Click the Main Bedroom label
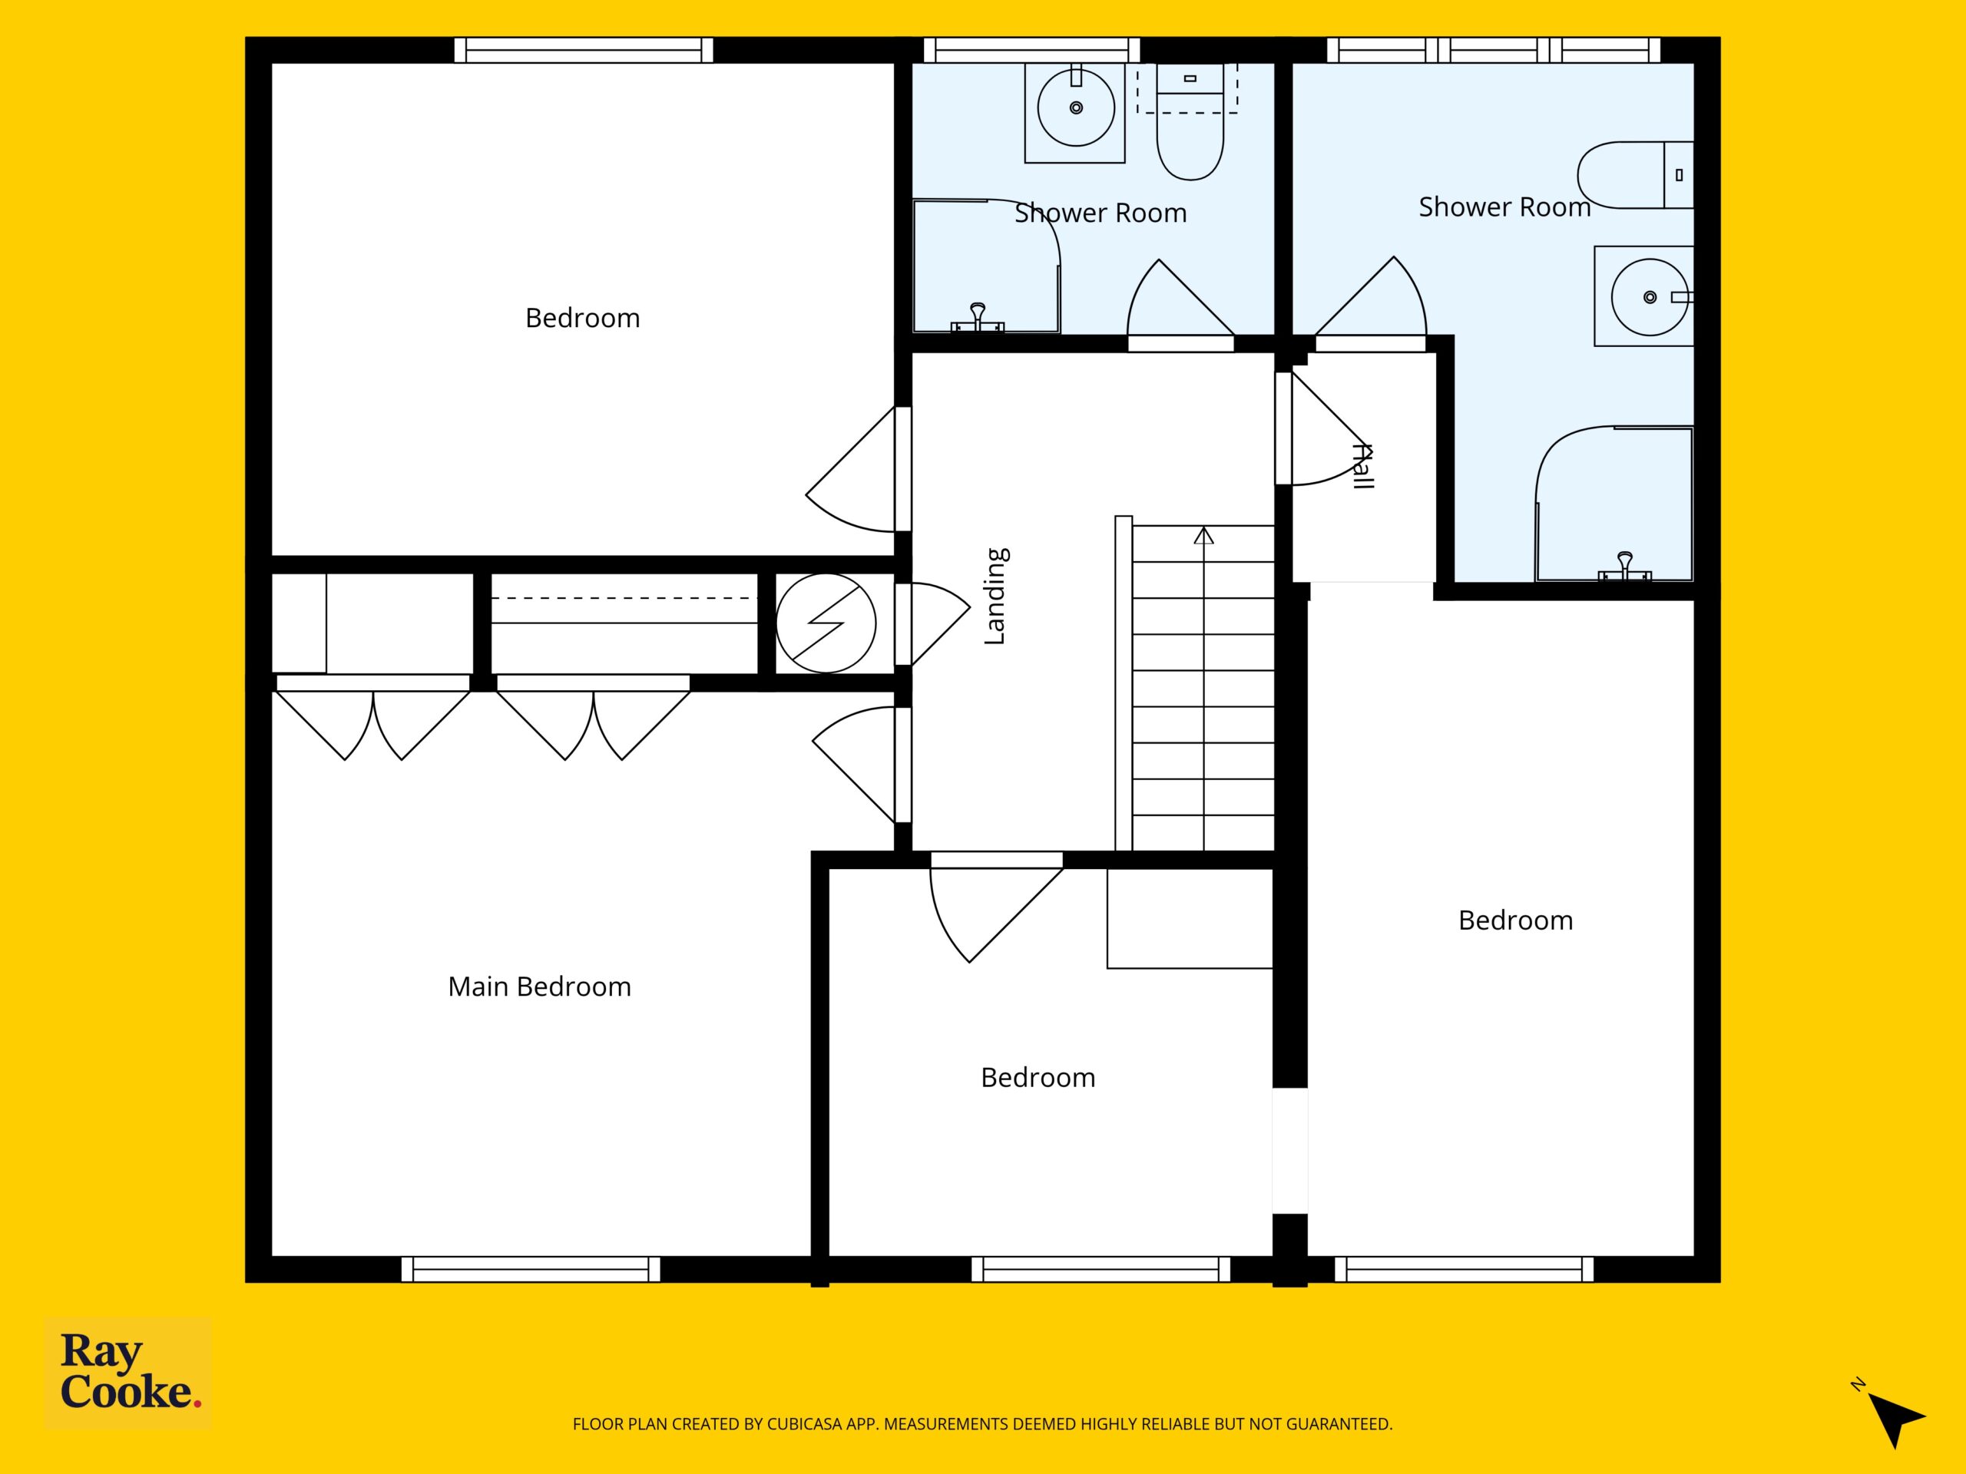pos(539,987)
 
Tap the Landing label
pos(995,597)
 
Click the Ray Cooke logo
pos(128,1373)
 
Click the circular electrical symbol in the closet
pos(826,623)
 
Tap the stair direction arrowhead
pos(1203,535)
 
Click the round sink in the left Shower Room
pos(1075,107)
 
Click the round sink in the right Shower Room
pos(1650,297)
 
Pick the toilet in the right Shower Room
pos(1635,175)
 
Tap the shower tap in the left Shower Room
pos(978,317)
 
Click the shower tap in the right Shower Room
pos(1625,566)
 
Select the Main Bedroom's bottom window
pos(531,1269)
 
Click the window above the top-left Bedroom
pos(583,50)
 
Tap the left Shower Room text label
pos(1100,213)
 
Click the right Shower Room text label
pos(1504,207)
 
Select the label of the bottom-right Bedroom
pos(1515,920)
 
